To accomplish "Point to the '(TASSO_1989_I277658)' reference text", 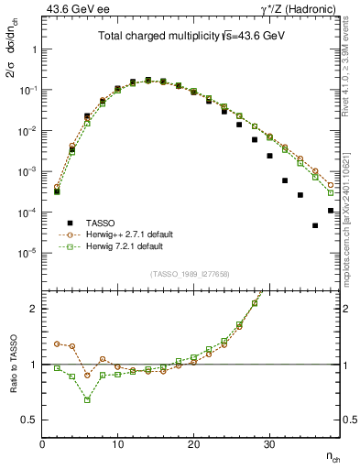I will click(x=191, y=274).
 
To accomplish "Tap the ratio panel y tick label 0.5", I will click(x=29, y=420).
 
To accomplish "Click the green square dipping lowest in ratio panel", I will click(x=87, y=399).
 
